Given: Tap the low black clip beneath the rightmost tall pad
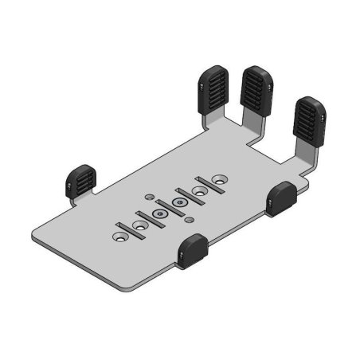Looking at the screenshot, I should pos(282,198).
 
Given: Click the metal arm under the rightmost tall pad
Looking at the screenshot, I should pos(304,156).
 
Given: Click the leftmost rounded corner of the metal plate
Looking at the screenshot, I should pos(35,236).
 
